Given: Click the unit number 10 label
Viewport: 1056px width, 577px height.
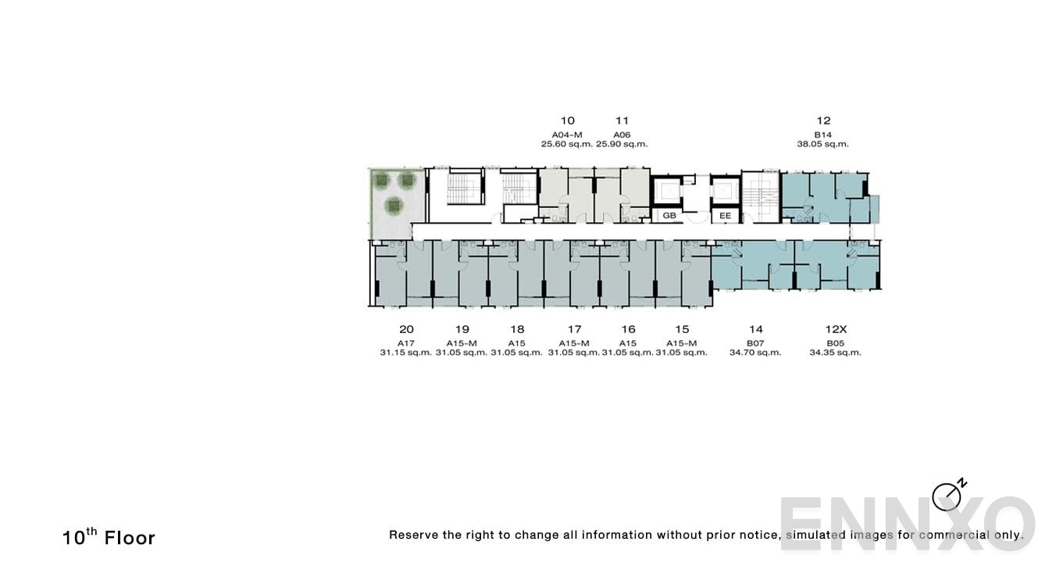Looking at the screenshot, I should click(x=568, y=120).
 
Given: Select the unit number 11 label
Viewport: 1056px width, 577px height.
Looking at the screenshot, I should click(x=622, y=120).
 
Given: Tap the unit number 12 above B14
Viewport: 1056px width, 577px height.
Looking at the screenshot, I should click(x=823, y=120).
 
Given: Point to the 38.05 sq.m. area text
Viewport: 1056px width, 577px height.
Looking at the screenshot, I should click(x=822, y=144).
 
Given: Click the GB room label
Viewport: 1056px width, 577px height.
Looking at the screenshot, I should click(x=669, y=215).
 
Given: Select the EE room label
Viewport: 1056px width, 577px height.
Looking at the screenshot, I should click(x=725, y=215).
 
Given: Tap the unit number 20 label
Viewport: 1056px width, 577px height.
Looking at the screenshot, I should click(x=406, y=329).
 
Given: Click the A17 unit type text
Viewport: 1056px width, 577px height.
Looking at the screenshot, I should click(x=406, y=342).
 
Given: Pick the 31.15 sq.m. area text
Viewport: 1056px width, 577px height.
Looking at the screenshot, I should click(x=406, y=353).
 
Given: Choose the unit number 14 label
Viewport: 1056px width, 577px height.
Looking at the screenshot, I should click(x=755, y=329).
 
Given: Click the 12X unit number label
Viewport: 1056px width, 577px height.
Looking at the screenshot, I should click(x=836, y=329).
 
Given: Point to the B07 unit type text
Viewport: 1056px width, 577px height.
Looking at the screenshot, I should click(x=755, y=342).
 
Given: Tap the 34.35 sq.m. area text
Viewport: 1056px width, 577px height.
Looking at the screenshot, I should click(x=835, y=353).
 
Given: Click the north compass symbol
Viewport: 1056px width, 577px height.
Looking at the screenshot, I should click(x=947, y=496).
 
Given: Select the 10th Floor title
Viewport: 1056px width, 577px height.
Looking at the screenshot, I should click(x=109, y=537).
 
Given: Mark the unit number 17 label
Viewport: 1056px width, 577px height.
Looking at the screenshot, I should click(x=574, y=329).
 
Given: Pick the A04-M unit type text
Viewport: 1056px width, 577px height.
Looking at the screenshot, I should click(x=567, y=134).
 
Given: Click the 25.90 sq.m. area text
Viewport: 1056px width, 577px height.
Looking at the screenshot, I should click(x=622, y=144).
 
